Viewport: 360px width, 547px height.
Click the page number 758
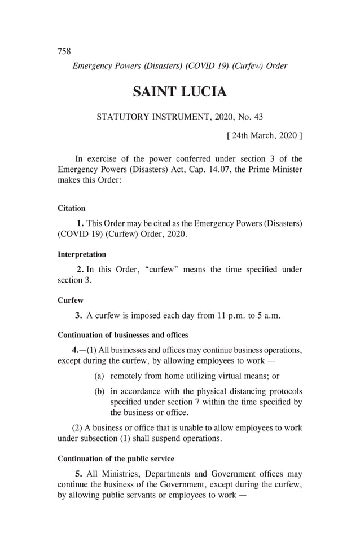tap(64, 51)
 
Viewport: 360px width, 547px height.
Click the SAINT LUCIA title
tap(179, 91)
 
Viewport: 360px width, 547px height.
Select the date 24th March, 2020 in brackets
tap(264, 135)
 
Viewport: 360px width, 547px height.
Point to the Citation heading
tap(72, 209)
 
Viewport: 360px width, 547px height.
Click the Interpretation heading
tap(82, 254)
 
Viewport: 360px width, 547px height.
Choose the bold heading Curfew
tap(71, 301)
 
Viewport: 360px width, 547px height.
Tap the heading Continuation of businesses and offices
tap(123, 335)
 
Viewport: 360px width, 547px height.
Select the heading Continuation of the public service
tap(116, 458)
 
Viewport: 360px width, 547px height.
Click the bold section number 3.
tap(79, 316)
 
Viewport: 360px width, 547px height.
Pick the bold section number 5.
tap(79, 474)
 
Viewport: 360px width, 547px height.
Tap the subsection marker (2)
tap(79, 427)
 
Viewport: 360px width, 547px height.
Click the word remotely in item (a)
tap(128, 376)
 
